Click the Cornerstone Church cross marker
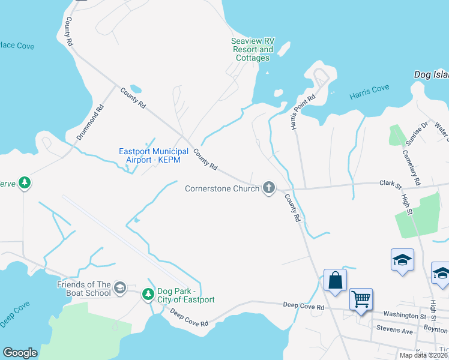coord(269,188)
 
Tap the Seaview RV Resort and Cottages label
coord(252,50)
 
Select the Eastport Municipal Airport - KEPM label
coord(154,155)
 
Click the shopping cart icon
coord(361,298)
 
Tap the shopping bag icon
coord(335,280)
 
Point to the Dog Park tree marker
coord(148,294)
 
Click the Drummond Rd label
coord(89,122)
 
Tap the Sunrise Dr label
coord(417,133)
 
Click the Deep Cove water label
coord(14,315)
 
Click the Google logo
coord(20,353)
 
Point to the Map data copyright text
coord(423,355)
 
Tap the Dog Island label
coord(431,75)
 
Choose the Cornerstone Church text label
coord(221,188)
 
